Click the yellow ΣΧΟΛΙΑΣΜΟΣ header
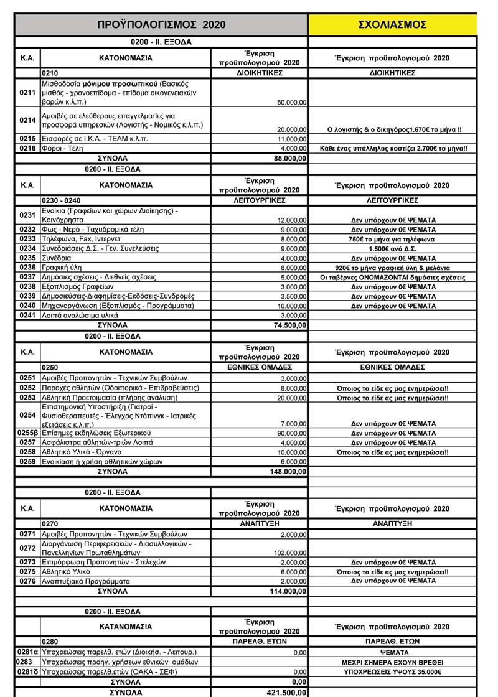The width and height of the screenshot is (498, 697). tap(392, 25)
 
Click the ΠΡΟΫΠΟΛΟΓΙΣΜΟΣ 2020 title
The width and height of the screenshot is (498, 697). tap(161, 25)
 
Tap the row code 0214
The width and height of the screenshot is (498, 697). tap(27, 120)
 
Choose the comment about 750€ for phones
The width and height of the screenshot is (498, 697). tap(392, 239)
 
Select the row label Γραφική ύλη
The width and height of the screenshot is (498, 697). tap(64, 267)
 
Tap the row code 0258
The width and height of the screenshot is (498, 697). tap(27, 452)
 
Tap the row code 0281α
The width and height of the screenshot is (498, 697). tap(27, 652)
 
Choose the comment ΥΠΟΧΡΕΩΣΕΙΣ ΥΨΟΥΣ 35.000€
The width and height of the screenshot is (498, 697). tap(392, 672)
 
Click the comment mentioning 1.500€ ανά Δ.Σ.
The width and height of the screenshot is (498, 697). tap(392, 248)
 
